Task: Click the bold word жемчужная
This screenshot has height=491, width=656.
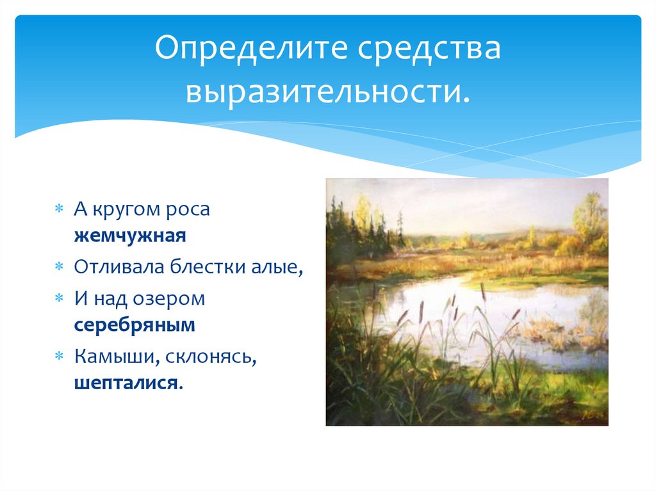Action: point(130,236)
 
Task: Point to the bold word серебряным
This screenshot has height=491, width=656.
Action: point(135,325)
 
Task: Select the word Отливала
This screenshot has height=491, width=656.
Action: point(119,267)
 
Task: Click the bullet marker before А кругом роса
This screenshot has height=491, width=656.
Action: point(58,209)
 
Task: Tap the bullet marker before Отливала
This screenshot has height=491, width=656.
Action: point(58,267)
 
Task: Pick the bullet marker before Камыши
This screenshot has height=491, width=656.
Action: point(58,357)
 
